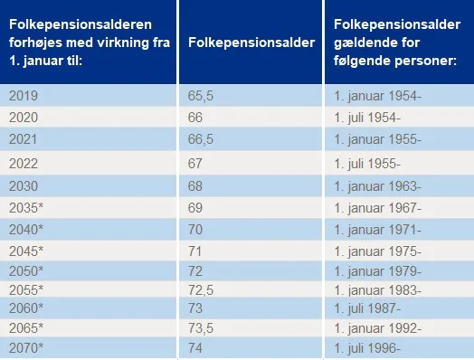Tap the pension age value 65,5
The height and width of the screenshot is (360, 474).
coord(200,95)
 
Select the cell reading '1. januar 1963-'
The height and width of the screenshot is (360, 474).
coord(376,185)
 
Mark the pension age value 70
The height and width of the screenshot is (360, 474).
coord(196,230)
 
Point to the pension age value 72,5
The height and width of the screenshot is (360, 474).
coord(200,290)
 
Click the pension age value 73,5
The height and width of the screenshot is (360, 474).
coord(200,327)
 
